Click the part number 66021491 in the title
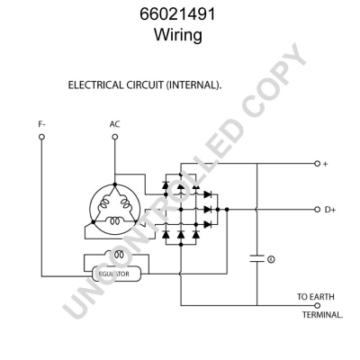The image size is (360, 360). (179, 15)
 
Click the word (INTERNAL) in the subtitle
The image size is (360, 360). (191, 85)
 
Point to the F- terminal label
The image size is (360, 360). (40, 124)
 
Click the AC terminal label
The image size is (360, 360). (114, 124)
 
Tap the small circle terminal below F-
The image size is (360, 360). (40, 138)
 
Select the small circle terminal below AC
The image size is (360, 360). (114, 138)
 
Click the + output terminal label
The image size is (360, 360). (326, 164)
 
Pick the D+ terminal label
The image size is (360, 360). (329, 209)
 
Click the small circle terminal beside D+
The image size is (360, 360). (317, 209)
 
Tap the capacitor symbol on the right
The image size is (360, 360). (256, 258)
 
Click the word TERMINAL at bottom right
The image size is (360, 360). (322, 316)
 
